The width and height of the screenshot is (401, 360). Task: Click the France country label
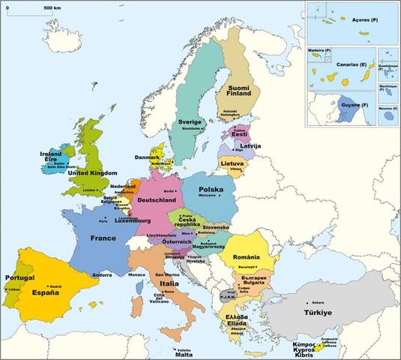click(103, 238)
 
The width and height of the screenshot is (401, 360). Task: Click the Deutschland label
click(156, 201)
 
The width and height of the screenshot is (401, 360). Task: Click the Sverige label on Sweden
click(191, 121)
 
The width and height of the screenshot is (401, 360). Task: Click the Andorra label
click(102, 274)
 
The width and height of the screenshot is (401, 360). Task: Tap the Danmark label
click(146, 157)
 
